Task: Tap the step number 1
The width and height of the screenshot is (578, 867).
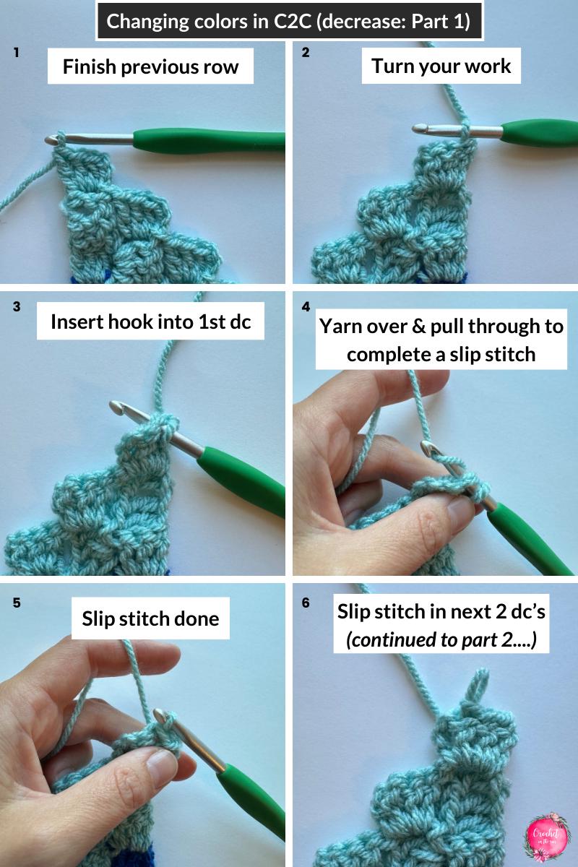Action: (x=16, y=53)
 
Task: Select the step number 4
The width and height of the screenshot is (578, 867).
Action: (x=305, y=306)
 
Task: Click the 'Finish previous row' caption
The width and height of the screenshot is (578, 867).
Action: (x=150, y=67)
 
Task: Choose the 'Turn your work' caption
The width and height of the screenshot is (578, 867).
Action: (x=441, y=66)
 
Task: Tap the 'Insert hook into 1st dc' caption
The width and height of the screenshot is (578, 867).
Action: (x=150, y=322)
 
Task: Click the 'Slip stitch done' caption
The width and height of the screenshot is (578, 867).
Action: (x=150, y=618)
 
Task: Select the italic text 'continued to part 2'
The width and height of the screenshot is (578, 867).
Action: (x=441, y=639)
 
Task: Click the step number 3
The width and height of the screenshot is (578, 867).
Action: (x=16, y=306)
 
